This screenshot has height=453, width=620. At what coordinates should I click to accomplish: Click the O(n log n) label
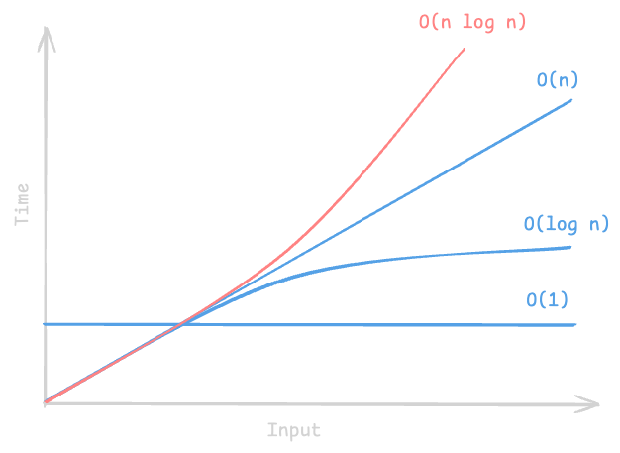pyautogui.click(x=472, y=22)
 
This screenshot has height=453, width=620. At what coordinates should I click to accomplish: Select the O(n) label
pyautogui.click(x=558, y=80)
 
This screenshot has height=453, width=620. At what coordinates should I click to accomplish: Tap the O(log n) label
pyautogui.click(x=567, y=224)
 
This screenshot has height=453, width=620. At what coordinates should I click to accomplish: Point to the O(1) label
pyautogui.click(x=548, y=300)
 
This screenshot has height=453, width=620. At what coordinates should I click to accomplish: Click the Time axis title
pyautogui.click(x=22, y=204)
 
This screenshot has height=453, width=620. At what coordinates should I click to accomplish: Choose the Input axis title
pyautogui.click(x=294, y=430)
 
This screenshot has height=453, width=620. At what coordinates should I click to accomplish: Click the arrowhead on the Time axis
pyautogui.click(x=47, y=39)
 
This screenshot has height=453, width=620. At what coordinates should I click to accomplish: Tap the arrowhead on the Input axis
pyautogui.click(x=587, y=404)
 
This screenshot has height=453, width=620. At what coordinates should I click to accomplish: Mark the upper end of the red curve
pyautogui.click(x=465, y=49)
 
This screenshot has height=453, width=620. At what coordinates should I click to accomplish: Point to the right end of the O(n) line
pyautogui.click(x=571, y=100)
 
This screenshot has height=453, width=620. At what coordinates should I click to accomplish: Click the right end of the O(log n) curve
pyautogui.click(x=570, y=247)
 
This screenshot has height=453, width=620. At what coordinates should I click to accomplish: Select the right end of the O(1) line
pyautogui.click(x=575, y=325)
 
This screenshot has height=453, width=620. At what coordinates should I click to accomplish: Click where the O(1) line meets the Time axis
pyautogui.click(x=46, y=324)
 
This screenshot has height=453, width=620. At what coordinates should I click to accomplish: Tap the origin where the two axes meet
pyautogui.click(x=46, y=403)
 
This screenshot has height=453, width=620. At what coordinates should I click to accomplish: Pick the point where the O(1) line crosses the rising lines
pyautogui.click(x=181, y=324)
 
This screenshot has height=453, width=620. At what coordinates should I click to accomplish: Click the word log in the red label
pyautogui.click(x=478, y=23)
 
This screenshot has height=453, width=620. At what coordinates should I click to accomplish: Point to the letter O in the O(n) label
pyautogui.click(x=542, y=80)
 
